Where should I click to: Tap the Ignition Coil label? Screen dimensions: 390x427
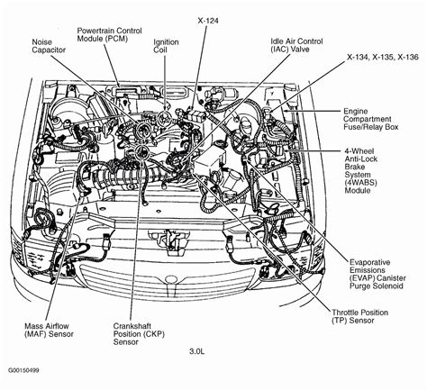(x=166, y=46)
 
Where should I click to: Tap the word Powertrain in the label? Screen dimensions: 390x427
(x=99, y=30)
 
